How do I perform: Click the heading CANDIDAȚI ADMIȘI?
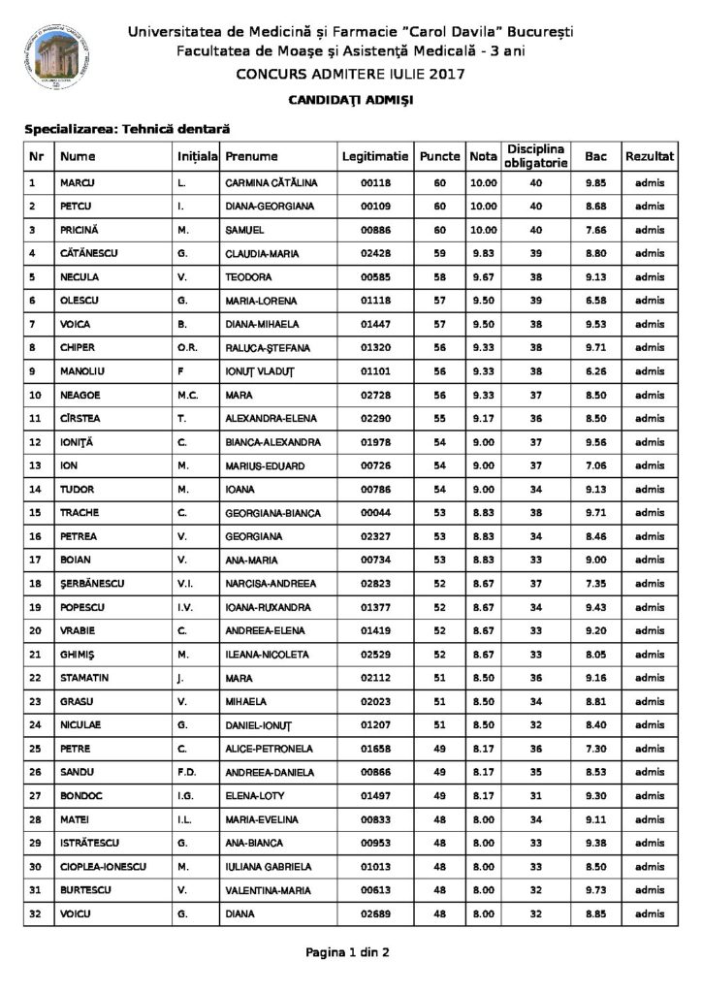(x=350, y=100)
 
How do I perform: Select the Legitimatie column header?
(x=375, y=156)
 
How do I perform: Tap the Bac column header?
(x=595, y=156)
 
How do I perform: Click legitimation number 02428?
(x=375, y=254)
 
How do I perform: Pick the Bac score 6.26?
(x=595, y=370)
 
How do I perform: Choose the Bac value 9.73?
(x=595, y=891)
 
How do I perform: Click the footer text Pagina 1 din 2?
(x=349, y=952)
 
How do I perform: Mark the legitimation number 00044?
(x=375, y=513)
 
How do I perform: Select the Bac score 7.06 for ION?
(x=595, y=465)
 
